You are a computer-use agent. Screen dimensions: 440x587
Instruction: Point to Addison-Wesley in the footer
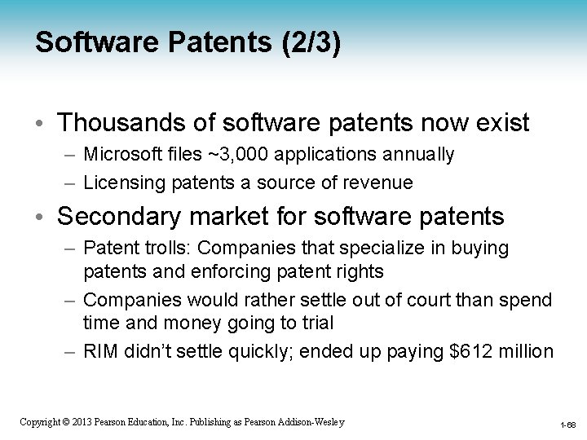pyautogui.click(x=313, y=422)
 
